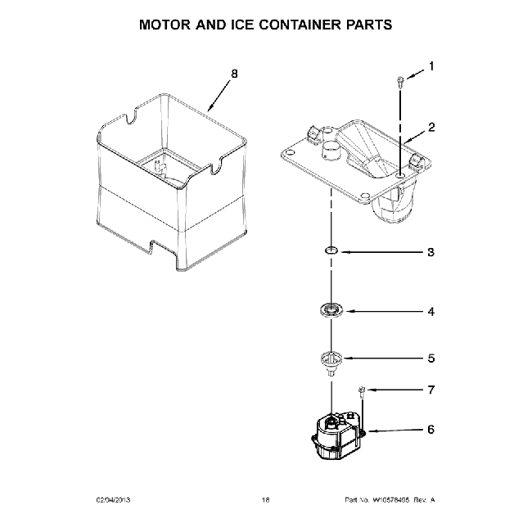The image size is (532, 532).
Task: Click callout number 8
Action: pos(235,74)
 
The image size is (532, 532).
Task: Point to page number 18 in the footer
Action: pos(265,500)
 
